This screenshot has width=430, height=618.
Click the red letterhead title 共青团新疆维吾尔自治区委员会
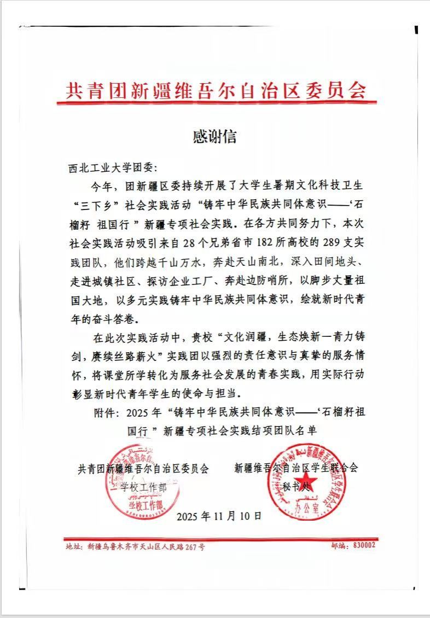215,89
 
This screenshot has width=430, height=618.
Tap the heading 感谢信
214,136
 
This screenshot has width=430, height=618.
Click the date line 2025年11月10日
220,515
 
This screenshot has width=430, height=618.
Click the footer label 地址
73,546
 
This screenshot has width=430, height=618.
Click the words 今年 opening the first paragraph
102,186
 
